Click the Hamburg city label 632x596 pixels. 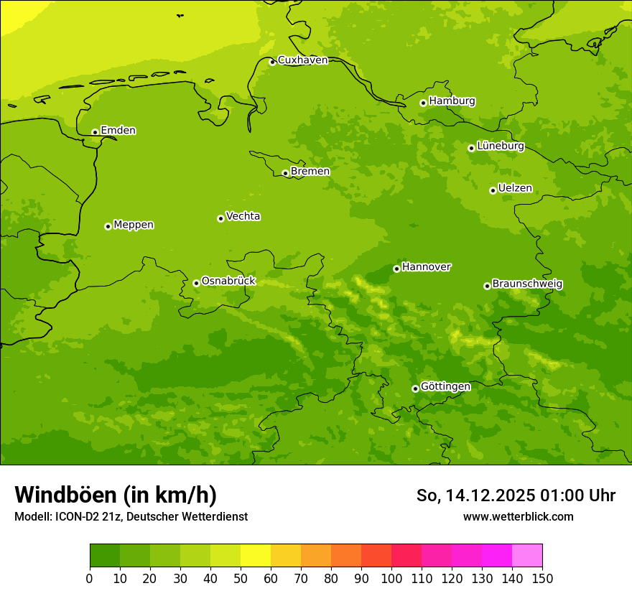click(x=452, y=101)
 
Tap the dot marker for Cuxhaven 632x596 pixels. click(x=272, y=62)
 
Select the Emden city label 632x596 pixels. click(x=118, y=131)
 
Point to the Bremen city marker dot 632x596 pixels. click(x=285, y=173)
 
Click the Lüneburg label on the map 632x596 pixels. click(x=500, y=146)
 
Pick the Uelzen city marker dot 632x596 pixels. click(x=493, y=190)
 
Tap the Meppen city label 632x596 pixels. click(x=134, y=225)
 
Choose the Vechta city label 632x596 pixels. click(x=243, y=216)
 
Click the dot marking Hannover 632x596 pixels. click(x=396, y=269)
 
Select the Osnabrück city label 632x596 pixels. click(x=228, y=281)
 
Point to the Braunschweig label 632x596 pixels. click(x=527, y=284)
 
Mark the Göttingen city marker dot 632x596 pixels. click(x=415, y=388)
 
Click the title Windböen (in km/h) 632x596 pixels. click(x=116, y=495)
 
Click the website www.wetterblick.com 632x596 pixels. click(x=518, y=516)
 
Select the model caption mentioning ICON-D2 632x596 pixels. click(x=131, y=516)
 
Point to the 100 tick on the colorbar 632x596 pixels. click(x=391, y=577)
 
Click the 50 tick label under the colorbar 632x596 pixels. click(x=241, y=577)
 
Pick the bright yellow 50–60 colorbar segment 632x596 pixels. click(x=256, y=556)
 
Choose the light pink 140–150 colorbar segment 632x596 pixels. click(x=527, y=556)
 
